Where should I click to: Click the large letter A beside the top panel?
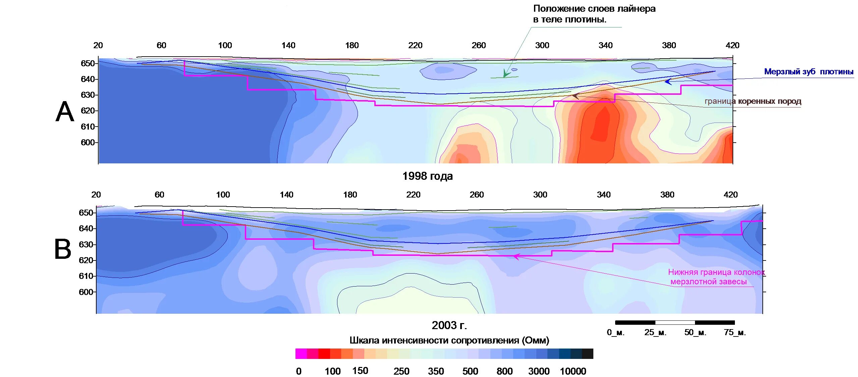click(65, 112)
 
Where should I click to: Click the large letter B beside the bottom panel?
click(63, 249)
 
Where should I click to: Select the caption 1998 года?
click(427, 176)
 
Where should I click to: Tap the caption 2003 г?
click(449, 325)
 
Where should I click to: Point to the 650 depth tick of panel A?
click(88, 63)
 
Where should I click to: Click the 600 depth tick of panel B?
click(86, 292)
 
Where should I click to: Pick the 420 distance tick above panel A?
click(732, 46)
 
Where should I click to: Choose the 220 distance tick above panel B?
click(413, 195)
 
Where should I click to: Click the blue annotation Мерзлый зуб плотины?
click(808, 72)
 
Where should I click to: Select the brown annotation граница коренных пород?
click(753, 101)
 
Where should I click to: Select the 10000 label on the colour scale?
click(573, 371)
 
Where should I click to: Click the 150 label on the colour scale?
click(360, 371)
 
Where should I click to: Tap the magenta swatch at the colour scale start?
click(301, 354)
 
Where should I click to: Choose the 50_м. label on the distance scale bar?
click(695, 332)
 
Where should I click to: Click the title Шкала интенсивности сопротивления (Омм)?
click(449, 341)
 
